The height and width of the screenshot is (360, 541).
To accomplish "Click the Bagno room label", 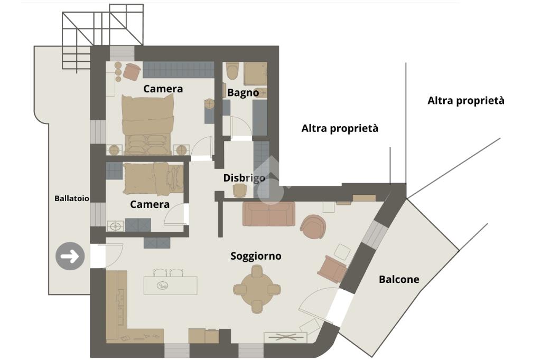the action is click(243, 93).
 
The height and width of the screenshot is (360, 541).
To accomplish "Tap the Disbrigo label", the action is click(244, 178).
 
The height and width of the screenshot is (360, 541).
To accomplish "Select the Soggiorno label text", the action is click(256, 256).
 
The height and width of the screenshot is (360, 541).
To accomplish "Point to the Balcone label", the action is click(399, 279).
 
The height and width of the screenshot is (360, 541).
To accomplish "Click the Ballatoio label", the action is click(71, 198).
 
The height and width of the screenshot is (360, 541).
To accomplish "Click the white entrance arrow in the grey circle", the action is click(70, 257).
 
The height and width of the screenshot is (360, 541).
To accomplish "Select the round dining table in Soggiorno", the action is click(257, 289).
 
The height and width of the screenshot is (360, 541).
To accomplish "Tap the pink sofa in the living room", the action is click(268, 213).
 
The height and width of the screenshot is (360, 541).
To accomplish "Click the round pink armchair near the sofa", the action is click(313, 226).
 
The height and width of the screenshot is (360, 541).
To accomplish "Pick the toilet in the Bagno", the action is click(232, 71).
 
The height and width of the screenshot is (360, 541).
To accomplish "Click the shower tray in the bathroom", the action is click(256, 73).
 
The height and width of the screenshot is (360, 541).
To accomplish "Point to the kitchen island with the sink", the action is click(170, 286).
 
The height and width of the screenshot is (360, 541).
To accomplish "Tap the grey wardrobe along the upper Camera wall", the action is click(178, 70).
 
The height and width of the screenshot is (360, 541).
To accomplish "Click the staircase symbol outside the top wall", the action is click(101, 26).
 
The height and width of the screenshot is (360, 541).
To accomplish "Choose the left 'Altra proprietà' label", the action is click(340, 128).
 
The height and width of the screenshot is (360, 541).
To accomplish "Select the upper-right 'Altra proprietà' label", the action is click(465, 100).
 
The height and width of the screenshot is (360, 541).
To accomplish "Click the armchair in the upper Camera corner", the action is click(131, 71).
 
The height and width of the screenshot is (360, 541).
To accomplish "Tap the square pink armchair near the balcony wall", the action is click(332, 268).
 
